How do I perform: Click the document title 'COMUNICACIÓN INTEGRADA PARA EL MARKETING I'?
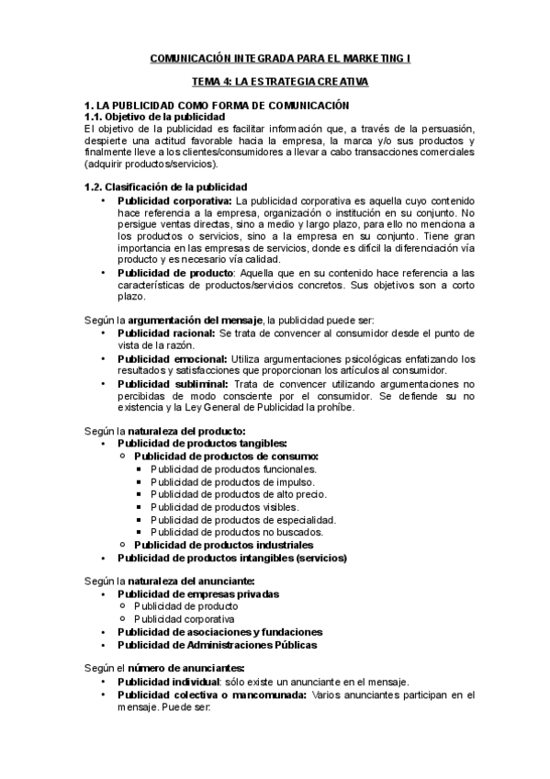click(275, 57)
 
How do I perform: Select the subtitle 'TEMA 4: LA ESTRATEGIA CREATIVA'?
click(275, 82)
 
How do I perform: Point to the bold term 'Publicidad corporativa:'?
click(174, 199)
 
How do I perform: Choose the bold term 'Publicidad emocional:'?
click(172, 357)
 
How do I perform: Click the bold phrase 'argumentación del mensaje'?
click(188, 318)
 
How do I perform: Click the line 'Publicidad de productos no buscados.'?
click(236, 531)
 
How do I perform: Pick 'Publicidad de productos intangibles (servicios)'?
click(231, 557)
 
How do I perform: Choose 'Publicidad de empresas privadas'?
click(198, 593)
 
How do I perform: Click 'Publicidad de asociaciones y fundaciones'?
click(219, 632)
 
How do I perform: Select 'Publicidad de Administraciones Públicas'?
click(217, 645)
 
